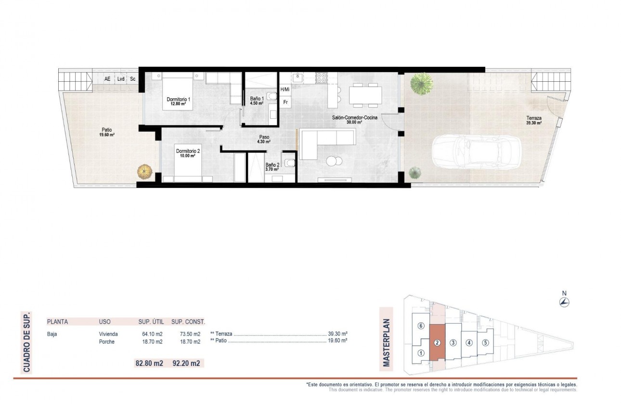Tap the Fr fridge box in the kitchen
[285, 102]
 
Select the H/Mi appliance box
[285, 89]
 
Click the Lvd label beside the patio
[121, 79]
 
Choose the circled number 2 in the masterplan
[437, 343]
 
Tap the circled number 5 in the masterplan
[485, 343]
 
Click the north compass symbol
[565, 302]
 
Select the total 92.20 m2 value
[186, 364]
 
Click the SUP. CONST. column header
[188, 322]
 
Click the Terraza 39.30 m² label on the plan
[534, 120]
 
